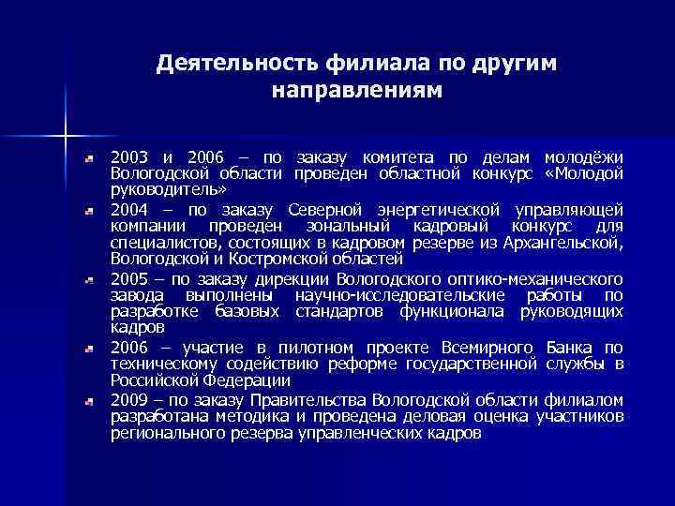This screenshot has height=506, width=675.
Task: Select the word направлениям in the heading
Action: click(x=354, y=91)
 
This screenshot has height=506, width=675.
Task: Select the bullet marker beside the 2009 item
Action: click(x=88, y=401)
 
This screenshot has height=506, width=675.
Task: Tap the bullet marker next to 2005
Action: click(x=88, y=280)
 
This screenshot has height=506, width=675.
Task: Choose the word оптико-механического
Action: click(x=528, y=279)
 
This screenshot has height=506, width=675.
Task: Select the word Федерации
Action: click(x=247, y=380)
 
